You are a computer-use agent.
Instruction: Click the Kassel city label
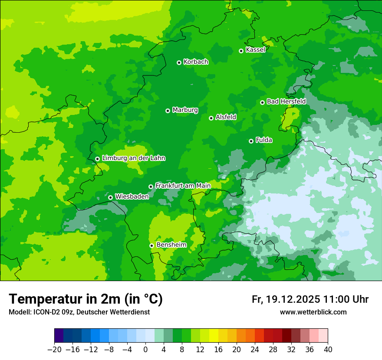(255, 50)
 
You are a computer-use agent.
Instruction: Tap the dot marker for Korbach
(179, 62)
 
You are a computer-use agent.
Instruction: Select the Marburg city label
(185, 110)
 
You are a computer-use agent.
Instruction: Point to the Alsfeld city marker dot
(211, 118)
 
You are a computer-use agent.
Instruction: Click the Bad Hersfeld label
(286, 101)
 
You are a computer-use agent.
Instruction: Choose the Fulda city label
(264, 140)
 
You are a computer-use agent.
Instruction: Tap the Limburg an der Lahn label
(133, 158)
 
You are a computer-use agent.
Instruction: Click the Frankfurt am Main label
(183, 186)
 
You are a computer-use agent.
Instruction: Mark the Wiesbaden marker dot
(110, 197)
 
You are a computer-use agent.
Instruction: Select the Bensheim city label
(171, 245)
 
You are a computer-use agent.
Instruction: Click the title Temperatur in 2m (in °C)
(86, 299)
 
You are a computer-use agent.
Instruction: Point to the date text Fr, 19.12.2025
(286, 299)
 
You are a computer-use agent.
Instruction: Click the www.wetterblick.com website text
(313, 312)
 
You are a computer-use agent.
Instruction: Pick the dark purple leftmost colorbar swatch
(59, 336)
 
